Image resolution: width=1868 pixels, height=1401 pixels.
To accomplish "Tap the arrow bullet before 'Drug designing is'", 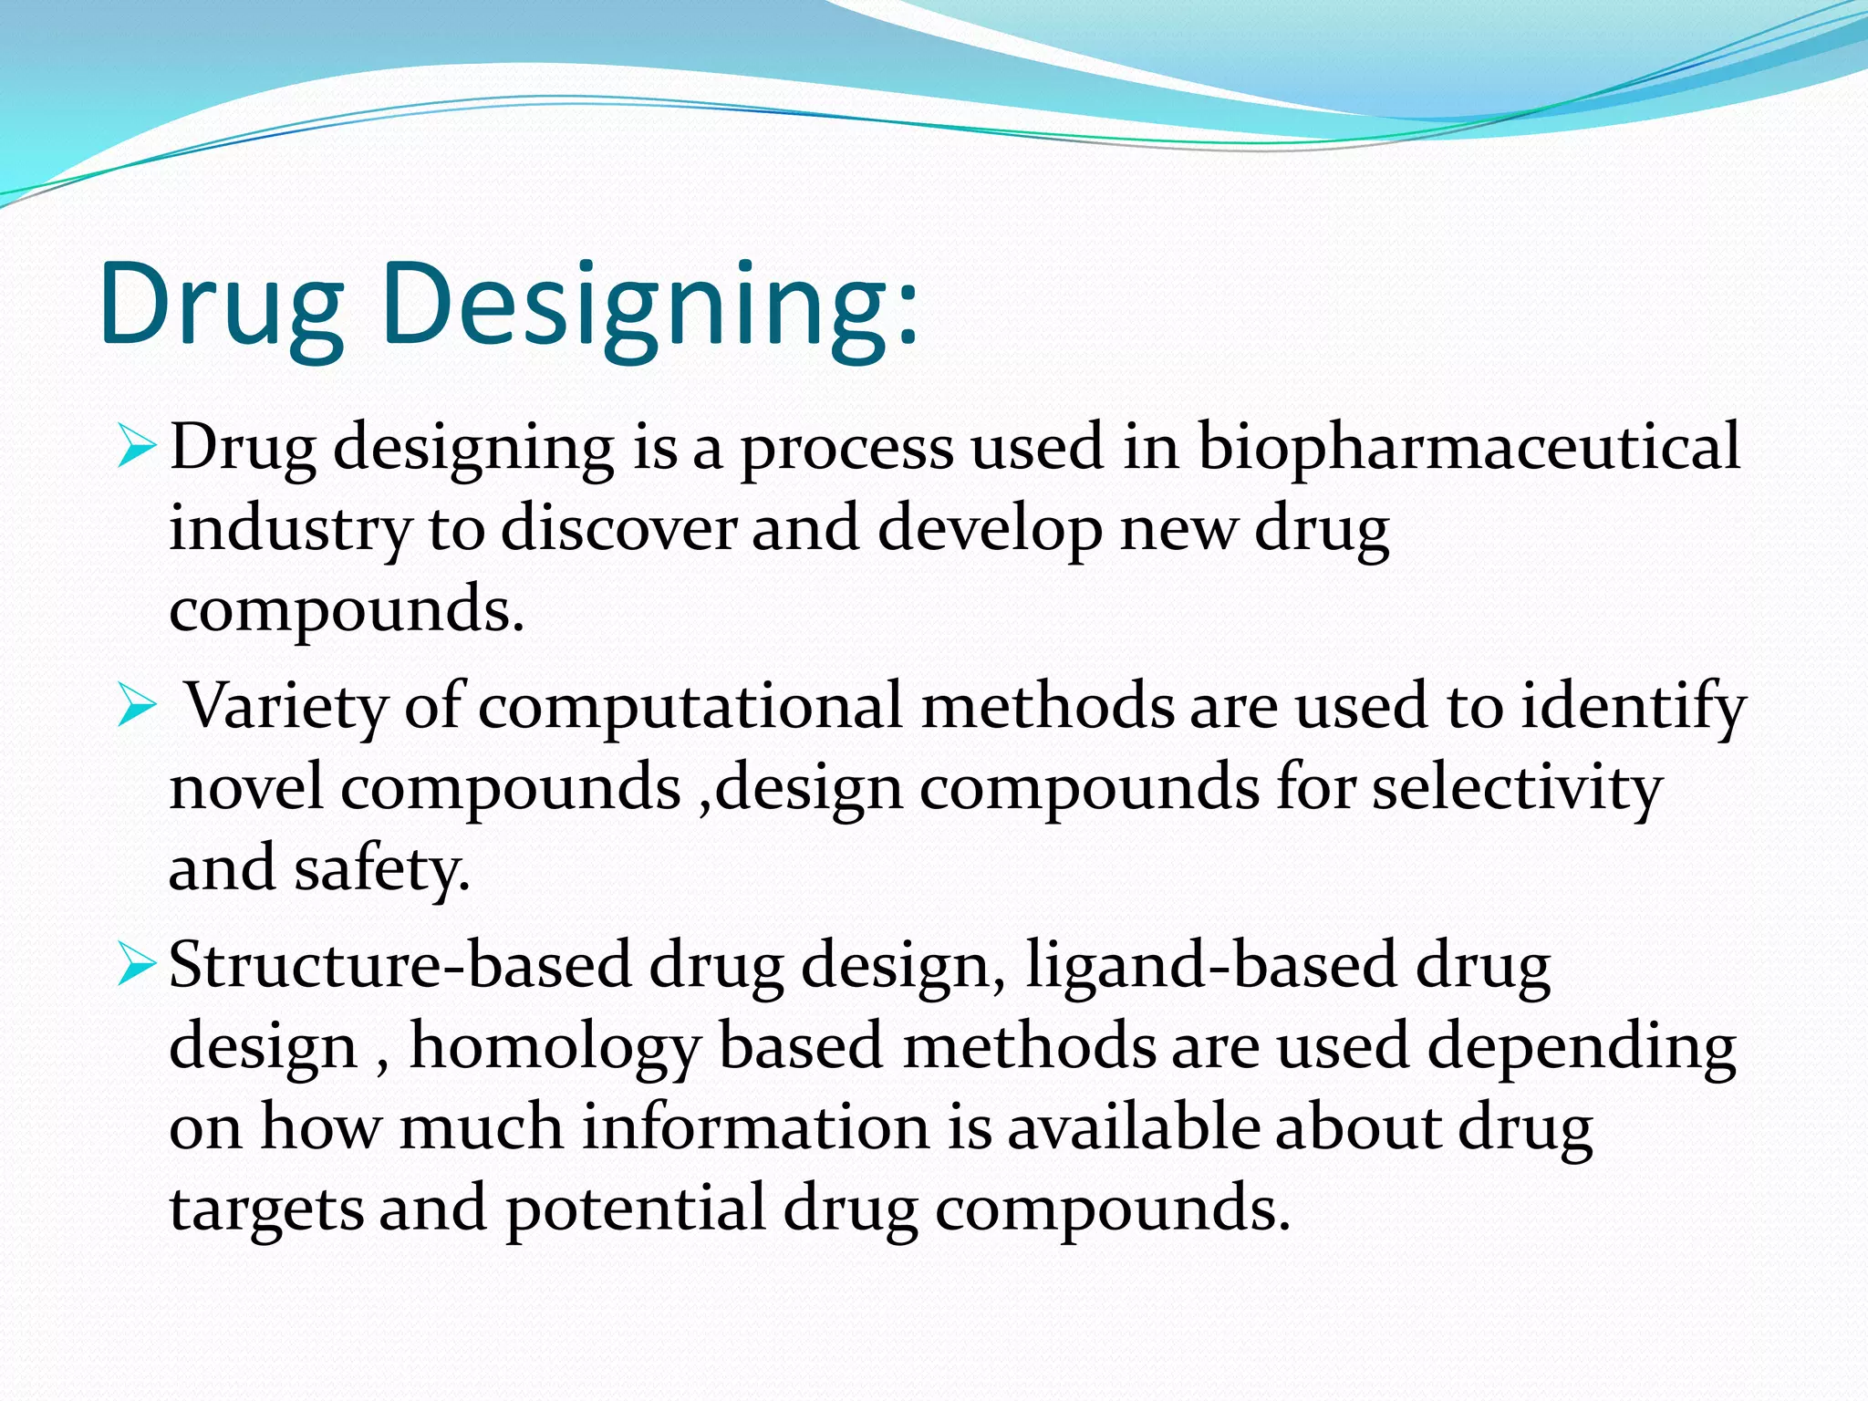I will coord(137,448).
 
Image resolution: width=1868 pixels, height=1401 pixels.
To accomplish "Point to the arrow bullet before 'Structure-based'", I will coord(137,966).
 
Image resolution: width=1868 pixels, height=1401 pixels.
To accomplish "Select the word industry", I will coord(290,529).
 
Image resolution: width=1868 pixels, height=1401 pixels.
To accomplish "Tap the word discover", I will coord(618,529).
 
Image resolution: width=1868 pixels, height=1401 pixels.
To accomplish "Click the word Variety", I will coord(286,707).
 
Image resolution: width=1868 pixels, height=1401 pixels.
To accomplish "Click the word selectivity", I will coord(1518,787).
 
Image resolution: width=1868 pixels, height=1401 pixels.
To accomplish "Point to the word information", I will coord(755,1127).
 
